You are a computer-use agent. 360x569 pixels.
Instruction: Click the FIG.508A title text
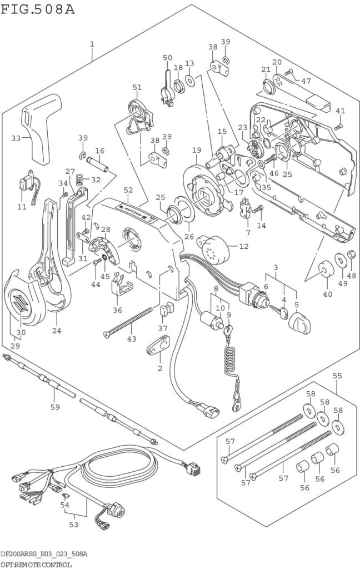(x=38, y=9)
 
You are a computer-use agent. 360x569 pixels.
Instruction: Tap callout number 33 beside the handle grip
(x=16, y=138)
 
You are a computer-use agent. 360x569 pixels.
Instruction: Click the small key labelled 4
(x=279, y=312)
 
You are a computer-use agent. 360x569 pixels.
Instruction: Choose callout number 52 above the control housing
(x=128, y=190)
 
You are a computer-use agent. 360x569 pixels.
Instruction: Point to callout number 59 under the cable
(x=55, y=407)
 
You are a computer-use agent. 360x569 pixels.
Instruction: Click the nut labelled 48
(x=351, y=254)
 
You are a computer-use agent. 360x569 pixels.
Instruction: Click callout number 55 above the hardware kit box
(x=337, y=376)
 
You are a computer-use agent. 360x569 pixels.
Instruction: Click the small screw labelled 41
(x=338, y=127)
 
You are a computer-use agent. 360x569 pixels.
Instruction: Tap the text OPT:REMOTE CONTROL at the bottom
(x=36, y=565)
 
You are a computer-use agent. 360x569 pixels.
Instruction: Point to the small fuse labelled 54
(x=66, y=495)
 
